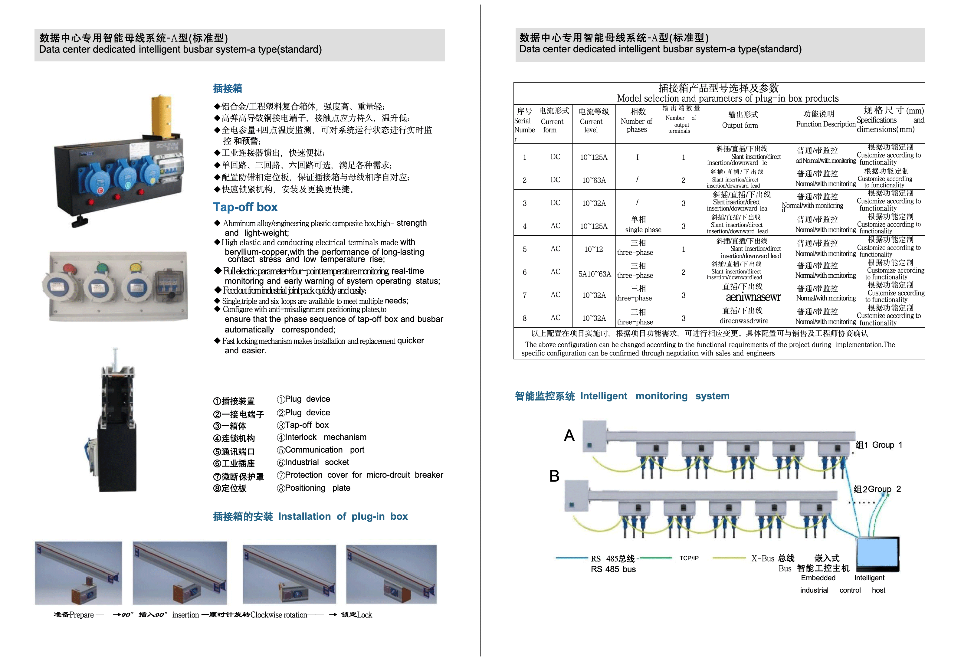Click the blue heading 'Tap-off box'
coord(245,207)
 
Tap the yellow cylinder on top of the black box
coord(162,117)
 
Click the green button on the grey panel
coord(101,268)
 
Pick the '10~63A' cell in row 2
coord(594,180)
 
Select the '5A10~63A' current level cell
coord(594,274)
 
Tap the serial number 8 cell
coord(524,318)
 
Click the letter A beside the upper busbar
coord(569,436)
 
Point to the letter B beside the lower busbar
coord(554,476)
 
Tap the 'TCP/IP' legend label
coord(688,558)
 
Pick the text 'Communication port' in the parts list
coord(324,450)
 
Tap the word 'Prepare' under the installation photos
coord(82,615)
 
